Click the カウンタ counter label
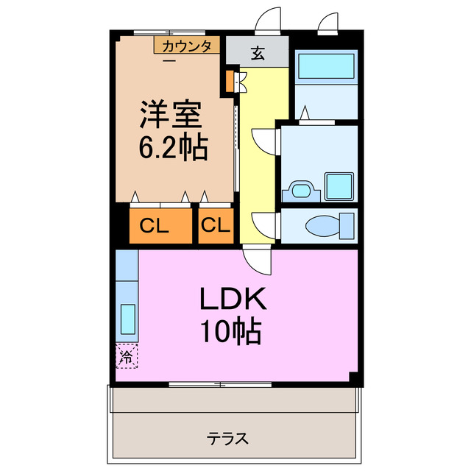186,46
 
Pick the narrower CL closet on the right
215,226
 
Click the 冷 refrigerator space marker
127,358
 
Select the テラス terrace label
227,439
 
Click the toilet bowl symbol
325,225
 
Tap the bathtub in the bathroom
325,68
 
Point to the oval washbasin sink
301,191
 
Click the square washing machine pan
339,186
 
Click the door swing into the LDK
255,262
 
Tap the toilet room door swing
262,222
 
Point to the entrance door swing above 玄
268,21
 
